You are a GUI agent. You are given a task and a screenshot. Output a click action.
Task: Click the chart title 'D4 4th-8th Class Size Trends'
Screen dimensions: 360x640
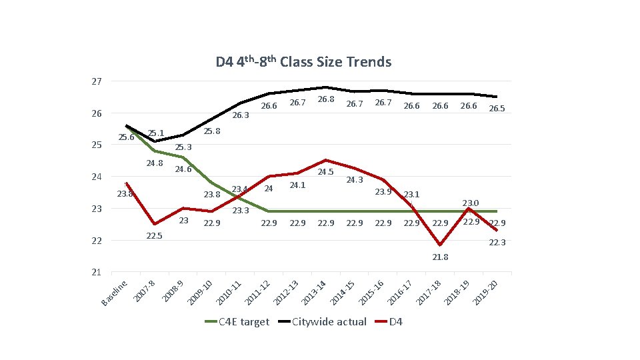pyautogui.click(x=303, y=62)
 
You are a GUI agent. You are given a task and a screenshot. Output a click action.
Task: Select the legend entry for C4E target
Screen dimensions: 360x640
pyautogui.click(x=237, y=322)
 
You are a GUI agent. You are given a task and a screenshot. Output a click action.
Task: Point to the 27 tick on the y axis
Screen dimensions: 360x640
pyautogui.click(x=97, y=81)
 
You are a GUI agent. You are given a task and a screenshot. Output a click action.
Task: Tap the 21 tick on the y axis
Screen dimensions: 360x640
pyautogui.click(x=97, y=272)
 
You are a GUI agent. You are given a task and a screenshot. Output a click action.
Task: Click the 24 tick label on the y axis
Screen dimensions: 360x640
pyautogui.click(x=97, y=177)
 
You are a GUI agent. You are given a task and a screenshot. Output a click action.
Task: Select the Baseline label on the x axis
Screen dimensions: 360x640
pyautogui.click(x=114, y=293)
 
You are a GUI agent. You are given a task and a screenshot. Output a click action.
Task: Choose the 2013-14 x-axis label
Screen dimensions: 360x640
pyautogui.click(x=314, y=294)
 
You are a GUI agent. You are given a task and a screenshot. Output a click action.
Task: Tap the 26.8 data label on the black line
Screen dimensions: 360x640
pyautogui.click(x=326, y=99)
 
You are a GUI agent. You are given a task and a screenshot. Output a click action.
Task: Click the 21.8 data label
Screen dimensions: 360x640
pyautogui.click(x=440, y=257)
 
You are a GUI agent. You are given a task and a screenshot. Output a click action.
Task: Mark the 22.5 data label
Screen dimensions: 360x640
pyautogui.click(x=154, y=236)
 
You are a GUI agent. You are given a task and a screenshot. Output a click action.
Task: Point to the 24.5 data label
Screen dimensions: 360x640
pyautogui.click(x=326, y=172)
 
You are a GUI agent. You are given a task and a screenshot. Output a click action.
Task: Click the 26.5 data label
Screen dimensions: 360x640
pyautogui.click(x=497, y=109)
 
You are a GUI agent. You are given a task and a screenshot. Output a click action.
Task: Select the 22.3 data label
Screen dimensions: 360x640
pyautogui.click(x=497, y=243)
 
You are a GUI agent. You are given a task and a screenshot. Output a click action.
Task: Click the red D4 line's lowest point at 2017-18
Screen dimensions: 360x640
pyautogui.click(x=440, y=245)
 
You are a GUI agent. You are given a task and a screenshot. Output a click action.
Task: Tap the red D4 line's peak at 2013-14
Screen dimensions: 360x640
pyautogui.click(x=325, y=160)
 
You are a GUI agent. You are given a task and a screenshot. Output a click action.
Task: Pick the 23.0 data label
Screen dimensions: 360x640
pyautogui.click(x=470, y=203)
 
